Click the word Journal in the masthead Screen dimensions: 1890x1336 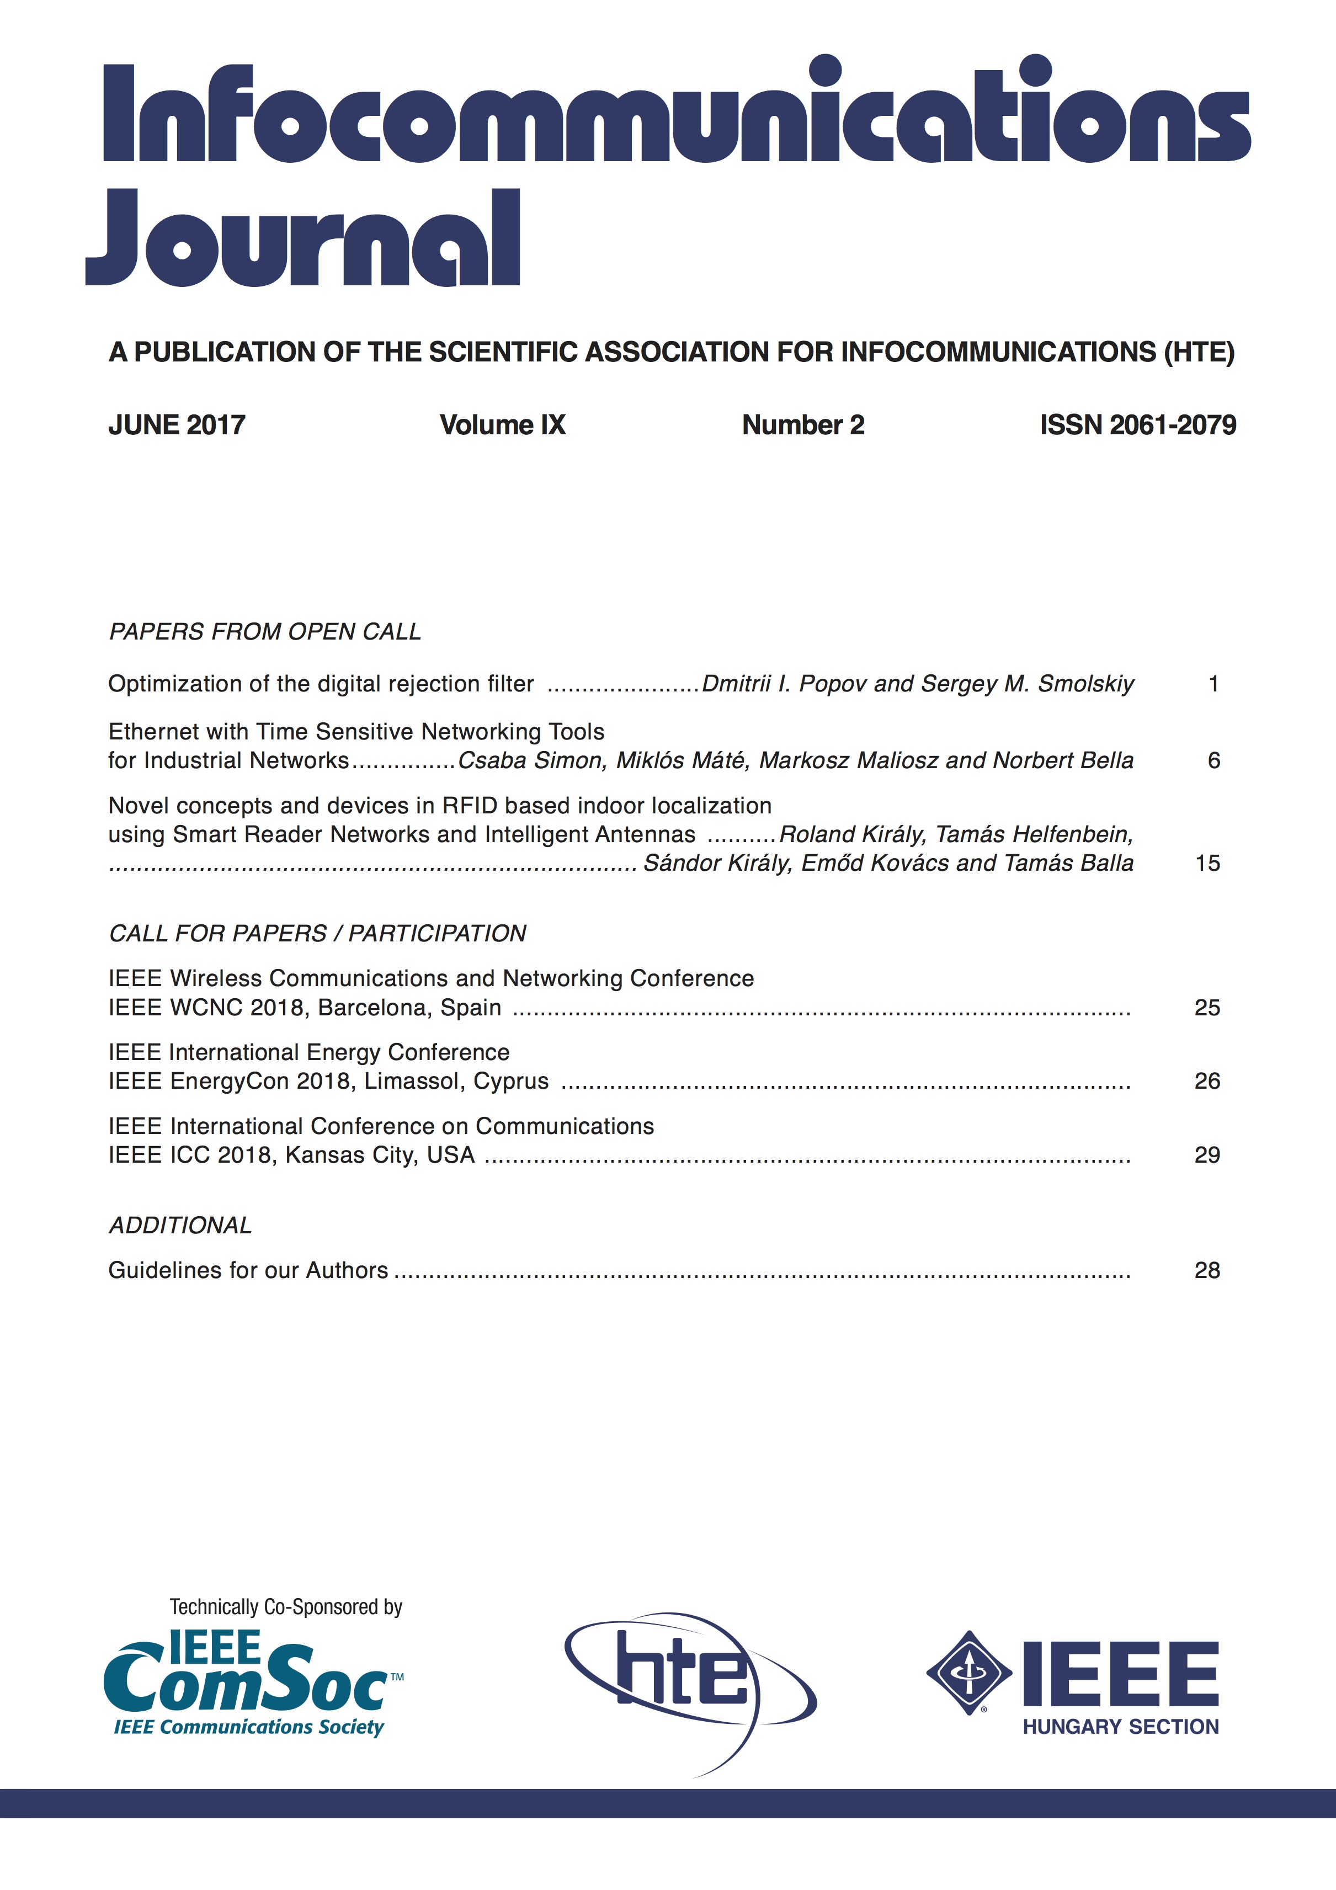(x=303, y=239)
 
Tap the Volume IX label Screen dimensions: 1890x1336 (x=502, y=425)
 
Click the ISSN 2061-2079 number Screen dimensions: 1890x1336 (x=1138, y=425)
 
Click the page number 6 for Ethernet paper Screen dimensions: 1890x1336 (x=1213, y=760)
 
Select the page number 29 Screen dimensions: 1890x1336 (x=1207, y=1155)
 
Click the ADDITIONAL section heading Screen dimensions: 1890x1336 (x=180, y=1225)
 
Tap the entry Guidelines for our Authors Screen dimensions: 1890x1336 (x=248, y=1270)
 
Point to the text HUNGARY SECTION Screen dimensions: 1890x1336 (x=1120, y=1727)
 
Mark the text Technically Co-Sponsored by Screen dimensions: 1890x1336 (x=286, y=1607)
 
